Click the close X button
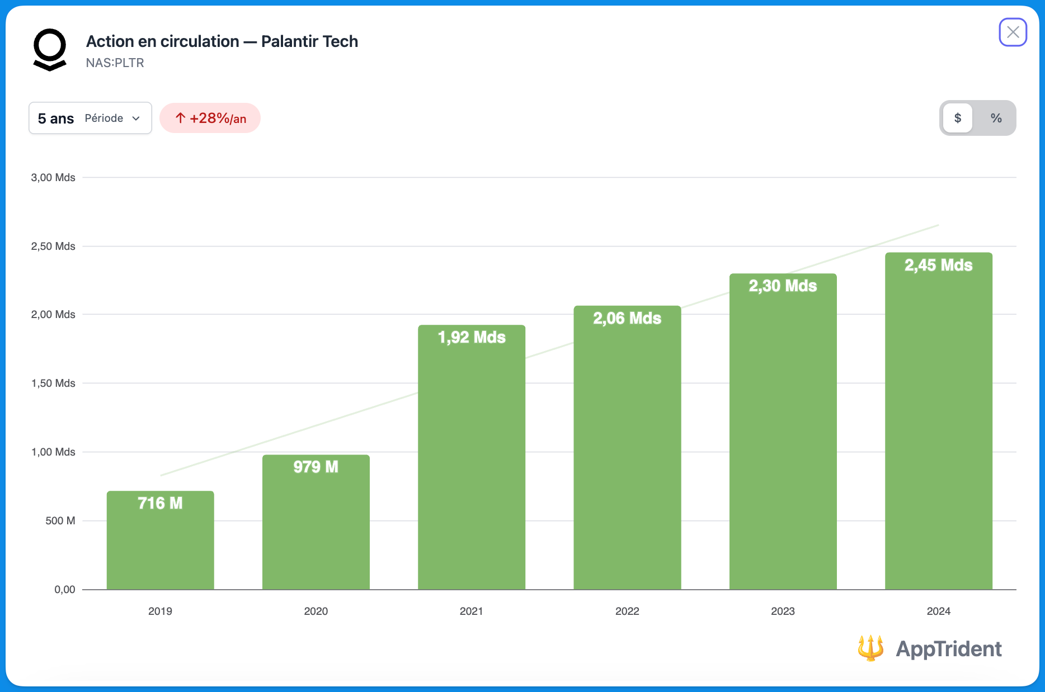pos(1013,32)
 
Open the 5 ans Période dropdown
pos(90,118)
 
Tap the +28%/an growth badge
pos(210,118)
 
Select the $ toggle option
pos(958,118)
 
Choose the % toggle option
pos(996,118)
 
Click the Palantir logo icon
pos(50,50)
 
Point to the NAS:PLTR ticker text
pos(115,63)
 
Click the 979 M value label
pos(316,467)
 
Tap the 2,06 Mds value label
pos(627,318)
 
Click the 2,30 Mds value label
pos(783,286)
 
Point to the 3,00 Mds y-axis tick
pos(53,178)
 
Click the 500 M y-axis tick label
pos(60,521)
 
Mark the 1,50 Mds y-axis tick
pos(53,383)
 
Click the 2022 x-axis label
pos(627,611)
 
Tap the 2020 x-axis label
pos(316,611)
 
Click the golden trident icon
pos(870,648)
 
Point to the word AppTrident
pos(949,649)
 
